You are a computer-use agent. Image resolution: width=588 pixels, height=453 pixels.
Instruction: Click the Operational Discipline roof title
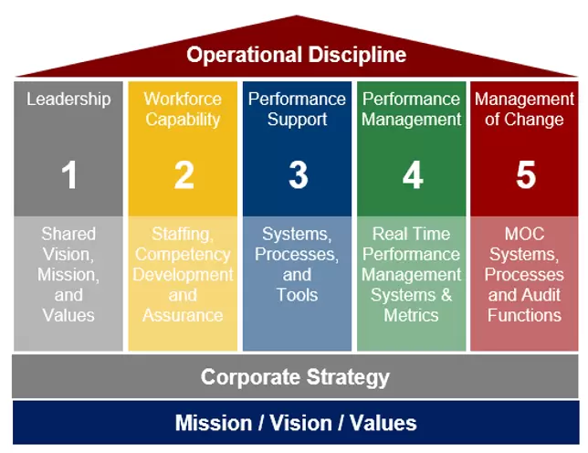click(x=296, y=54)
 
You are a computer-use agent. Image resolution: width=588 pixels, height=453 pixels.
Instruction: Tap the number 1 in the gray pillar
click(x=69, y=175)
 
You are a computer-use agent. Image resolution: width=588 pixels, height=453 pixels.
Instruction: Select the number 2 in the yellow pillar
click(x=184, y=175)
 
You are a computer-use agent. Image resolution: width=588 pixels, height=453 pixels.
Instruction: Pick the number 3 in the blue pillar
click(x=298, y=175)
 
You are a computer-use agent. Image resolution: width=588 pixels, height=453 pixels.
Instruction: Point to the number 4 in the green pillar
click(x=413, y=175)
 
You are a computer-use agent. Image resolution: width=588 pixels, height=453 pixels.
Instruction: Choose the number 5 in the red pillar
click(x=525, y=175)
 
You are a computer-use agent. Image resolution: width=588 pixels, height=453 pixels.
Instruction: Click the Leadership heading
click(x=68, y=99)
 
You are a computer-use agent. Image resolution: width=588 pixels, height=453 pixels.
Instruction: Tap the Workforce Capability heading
click(x=183, y=109)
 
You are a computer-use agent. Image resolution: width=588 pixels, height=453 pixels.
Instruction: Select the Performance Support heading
click(x=297, y=109)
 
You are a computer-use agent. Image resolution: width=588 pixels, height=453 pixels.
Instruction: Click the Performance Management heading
click(x=412, y=109)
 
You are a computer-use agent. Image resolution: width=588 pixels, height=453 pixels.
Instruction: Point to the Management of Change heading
click(x=525, y=109)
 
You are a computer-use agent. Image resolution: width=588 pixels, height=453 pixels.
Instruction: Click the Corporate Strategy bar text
click(x=295, y=376)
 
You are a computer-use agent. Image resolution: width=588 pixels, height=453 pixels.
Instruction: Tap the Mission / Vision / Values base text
click(x=295, y=423)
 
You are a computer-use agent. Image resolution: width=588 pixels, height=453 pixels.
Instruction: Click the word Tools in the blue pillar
click(x=297, y=295)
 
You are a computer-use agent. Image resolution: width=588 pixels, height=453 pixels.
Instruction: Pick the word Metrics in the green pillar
click(x=412, y=315)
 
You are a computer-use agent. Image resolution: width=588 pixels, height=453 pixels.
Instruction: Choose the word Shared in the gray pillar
click(x=68, y=235)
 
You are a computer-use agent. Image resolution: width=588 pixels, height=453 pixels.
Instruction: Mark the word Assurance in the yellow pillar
click(x=183, y=315)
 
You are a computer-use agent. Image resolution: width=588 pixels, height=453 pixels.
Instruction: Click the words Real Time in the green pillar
click(x=411, y=235)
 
